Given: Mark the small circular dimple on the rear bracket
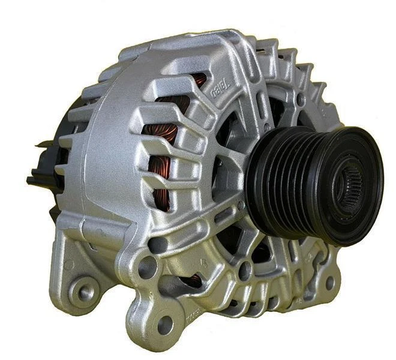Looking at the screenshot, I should pos(70,265).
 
